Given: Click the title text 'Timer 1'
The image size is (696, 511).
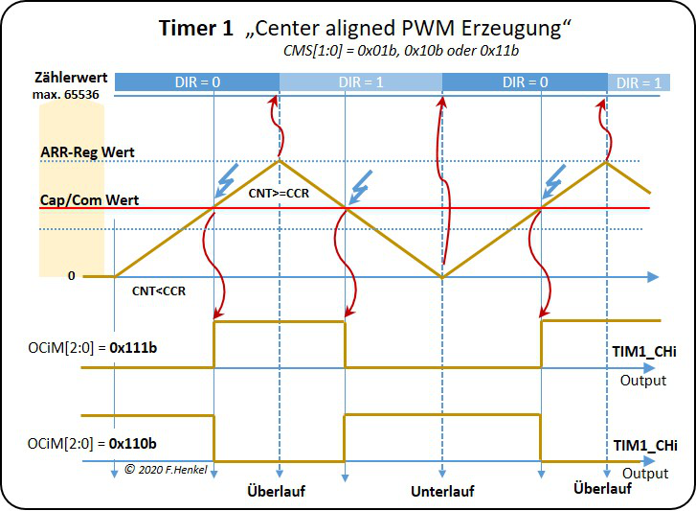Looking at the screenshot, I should point(195,29).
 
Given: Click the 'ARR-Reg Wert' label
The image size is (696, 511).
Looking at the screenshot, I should point(86,151).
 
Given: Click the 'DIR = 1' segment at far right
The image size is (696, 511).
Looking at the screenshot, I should point(639,83).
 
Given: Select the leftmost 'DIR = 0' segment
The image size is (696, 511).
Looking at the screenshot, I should point(197,83).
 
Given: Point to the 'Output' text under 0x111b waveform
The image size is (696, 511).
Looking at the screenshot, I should point(643,381).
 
